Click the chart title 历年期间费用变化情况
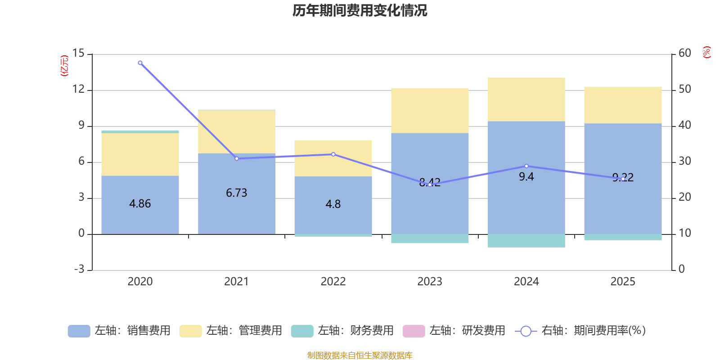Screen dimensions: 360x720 [360, 10]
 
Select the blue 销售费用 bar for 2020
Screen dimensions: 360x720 [140, 216]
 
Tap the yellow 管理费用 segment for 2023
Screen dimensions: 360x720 [430, 111]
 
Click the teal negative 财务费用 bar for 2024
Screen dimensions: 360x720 [526, 241]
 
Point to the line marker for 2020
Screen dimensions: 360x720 [140, 63]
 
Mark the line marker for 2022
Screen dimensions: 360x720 [333, 154]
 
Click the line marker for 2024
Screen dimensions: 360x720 [526, 166]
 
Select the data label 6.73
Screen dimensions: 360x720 [236, 193]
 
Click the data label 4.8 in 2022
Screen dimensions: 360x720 [333, 204]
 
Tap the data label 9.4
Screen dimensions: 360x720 [526, 177]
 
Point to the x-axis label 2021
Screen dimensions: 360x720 [236, 282]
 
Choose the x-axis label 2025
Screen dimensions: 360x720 [623, 282]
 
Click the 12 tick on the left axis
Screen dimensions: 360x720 [78, 90]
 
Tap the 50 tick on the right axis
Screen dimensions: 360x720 [685, 90]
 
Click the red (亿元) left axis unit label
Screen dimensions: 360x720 [65, 66]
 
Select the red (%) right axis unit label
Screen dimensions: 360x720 [707, 52]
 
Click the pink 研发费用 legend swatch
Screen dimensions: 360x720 [414, 331]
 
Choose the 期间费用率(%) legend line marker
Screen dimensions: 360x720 [526, 331]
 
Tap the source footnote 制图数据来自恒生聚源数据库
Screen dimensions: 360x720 [360, 355]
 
